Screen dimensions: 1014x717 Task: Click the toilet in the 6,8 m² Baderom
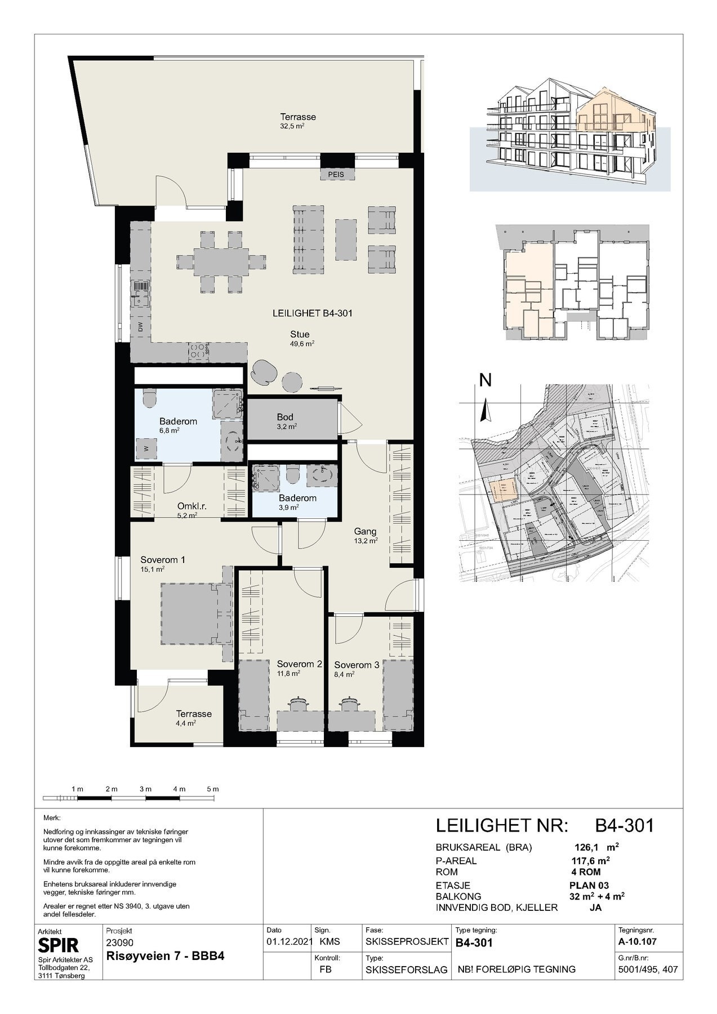pos(149,398)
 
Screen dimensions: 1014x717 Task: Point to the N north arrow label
pos(485,381)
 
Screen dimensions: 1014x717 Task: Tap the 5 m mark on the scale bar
pos(213,789)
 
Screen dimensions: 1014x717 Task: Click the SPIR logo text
pos(58,945)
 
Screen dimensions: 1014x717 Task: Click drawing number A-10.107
pos(637,941)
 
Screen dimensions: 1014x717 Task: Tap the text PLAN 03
pos(589,885)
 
